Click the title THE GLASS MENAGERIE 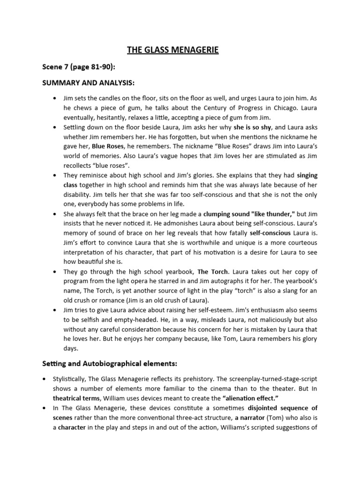click(x=173, y=49)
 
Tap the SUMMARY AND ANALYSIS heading click(x=89, y=83)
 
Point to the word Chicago click(x=277, y=109)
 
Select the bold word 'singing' click(x=307, y=175)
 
